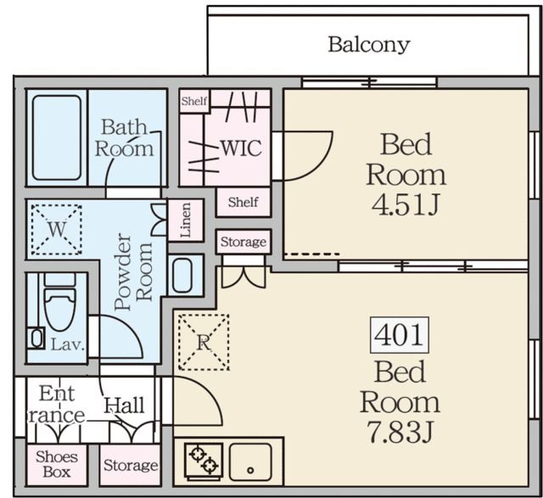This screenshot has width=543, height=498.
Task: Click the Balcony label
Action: coord(369,45)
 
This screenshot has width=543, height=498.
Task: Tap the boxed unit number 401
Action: coord(400,335)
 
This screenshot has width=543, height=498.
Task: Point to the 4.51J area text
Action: coord(406,204)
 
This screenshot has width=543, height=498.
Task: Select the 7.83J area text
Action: coord(400,432)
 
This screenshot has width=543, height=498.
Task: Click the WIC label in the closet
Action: coord(241,148)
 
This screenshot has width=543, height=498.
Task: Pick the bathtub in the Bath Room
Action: coord(57,137)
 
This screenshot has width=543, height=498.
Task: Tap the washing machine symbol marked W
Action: coord(57,229)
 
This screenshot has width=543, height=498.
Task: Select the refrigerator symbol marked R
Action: coord(204,342)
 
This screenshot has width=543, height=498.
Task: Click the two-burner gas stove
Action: coord(204,460)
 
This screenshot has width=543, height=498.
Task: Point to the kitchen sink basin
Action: coord(250,462)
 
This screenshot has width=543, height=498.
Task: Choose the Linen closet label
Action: coord(186,221)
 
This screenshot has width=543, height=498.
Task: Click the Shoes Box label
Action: coord(57,464)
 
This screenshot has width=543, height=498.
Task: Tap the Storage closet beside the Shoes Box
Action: coord(130,465)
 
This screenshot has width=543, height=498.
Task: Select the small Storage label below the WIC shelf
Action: coord(244,242)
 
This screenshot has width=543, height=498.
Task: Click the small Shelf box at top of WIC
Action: coord(194,101)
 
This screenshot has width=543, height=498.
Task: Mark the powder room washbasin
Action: coord(182,276)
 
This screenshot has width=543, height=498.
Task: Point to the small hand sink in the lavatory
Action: coord(36,338)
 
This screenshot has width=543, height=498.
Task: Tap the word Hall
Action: coord(125,406)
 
